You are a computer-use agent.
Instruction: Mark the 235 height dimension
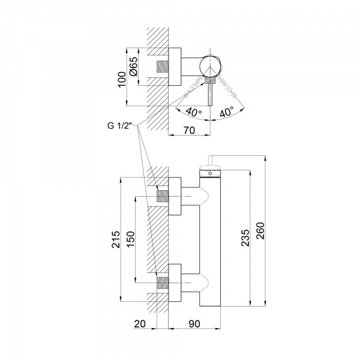(x=245, y=239)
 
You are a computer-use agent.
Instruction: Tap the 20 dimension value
(x=140, y=324)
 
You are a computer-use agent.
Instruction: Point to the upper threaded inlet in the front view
(x=162, y=196)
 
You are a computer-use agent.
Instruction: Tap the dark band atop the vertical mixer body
(x=211, y=173)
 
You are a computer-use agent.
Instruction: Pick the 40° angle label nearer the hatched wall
(x=192, y=111)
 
